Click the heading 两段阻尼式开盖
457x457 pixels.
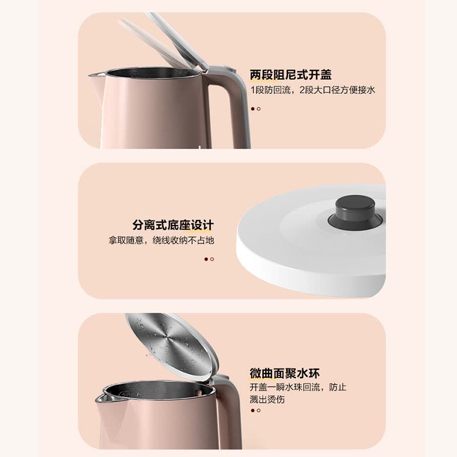coord(290,75)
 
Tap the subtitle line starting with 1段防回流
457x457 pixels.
coord(312,90)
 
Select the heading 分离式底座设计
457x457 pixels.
coord(173,225)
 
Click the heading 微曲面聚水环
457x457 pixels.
coord(284,374)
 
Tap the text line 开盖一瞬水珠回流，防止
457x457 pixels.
coord(298,387)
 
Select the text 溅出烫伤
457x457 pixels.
coord(267,400)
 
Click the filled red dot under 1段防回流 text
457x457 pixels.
coord(252,109)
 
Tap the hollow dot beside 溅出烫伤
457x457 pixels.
coord(258,411)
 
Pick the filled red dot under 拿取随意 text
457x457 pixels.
coord(206,259)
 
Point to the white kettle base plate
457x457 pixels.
coord(308,251)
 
